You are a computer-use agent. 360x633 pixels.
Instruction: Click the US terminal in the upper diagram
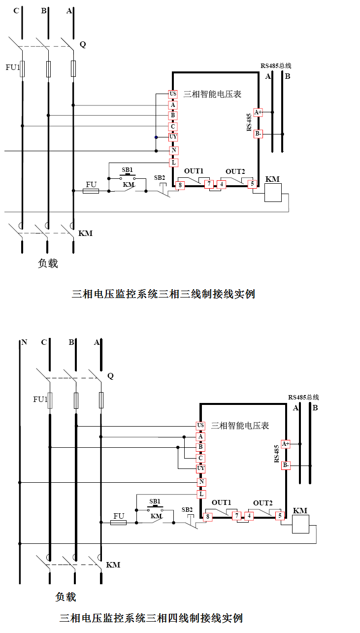point(173,94)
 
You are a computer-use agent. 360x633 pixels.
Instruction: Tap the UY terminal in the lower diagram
point(200,468)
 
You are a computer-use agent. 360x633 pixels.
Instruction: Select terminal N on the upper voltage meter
point(173,150)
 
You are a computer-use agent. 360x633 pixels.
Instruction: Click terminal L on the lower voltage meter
point(201,494)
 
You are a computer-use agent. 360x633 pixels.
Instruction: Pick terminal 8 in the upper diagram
point(180,185)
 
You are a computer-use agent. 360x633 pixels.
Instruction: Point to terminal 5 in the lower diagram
point(280,516)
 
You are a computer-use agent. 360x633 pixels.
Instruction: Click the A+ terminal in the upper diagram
point(258,112)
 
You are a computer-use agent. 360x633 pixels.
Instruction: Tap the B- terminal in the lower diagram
point(286,465)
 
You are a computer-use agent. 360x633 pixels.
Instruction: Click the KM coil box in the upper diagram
point(272,193)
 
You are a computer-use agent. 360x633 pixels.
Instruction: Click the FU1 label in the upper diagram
point(12,67)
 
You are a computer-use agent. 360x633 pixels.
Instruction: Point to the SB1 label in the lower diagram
point(155,501)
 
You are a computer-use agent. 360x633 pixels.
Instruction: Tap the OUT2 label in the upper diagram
point(235,171)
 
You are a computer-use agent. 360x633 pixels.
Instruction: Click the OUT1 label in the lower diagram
point(221,502)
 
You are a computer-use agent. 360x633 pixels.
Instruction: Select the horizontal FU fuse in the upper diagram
point(91,191)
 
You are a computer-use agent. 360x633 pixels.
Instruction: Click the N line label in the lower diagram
point(24,342)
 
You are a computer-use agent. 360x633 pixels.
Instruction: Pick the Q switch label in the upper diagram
point(82,44)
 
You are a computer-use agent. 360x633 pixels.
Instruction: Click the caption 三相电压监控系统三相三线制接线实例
point(164,294)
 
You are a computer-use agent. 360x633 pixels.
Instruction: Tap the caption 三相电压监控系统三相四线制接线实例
point(151,618)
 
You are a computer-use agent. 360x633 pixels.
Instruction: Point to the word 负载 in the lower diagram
point(65,597)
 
